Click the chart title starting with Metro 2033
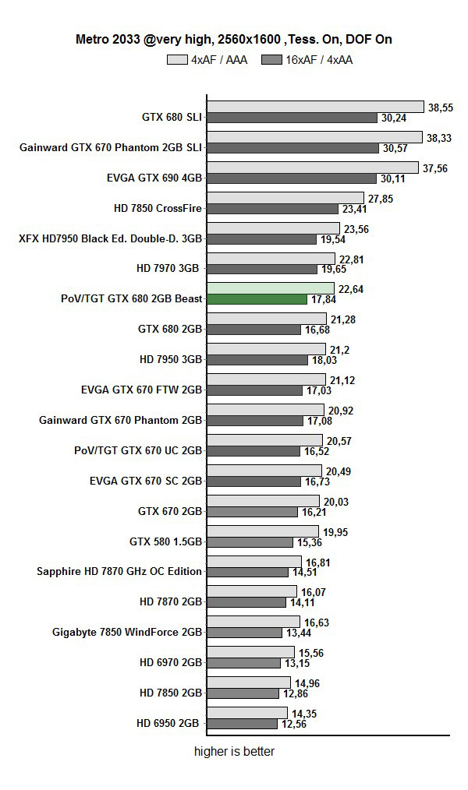[x=234, y=39]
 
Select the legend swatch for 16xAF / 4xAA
[x=271, y=59]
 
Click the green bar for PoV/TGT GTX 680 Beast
[x=257, y=299]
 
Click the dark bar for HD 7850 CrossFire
[x=274, y=209]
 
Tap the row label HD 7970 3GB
[x=169, y=268]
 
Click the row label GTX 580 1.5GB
[x=166, y=541]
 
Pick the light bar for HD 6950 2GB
[x=247, y=712]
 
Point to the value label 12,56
[x=294, y=724]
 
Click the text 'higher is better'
[x=234, y=752]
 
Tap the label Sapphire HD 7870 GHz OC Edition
[x=119, y=571]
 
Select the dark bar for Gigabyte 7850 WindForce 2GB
[x=244, y=633]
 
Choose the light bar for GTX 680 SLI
[x=316, y=107]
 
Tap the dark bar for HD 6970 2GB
[x=244, y=663]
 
